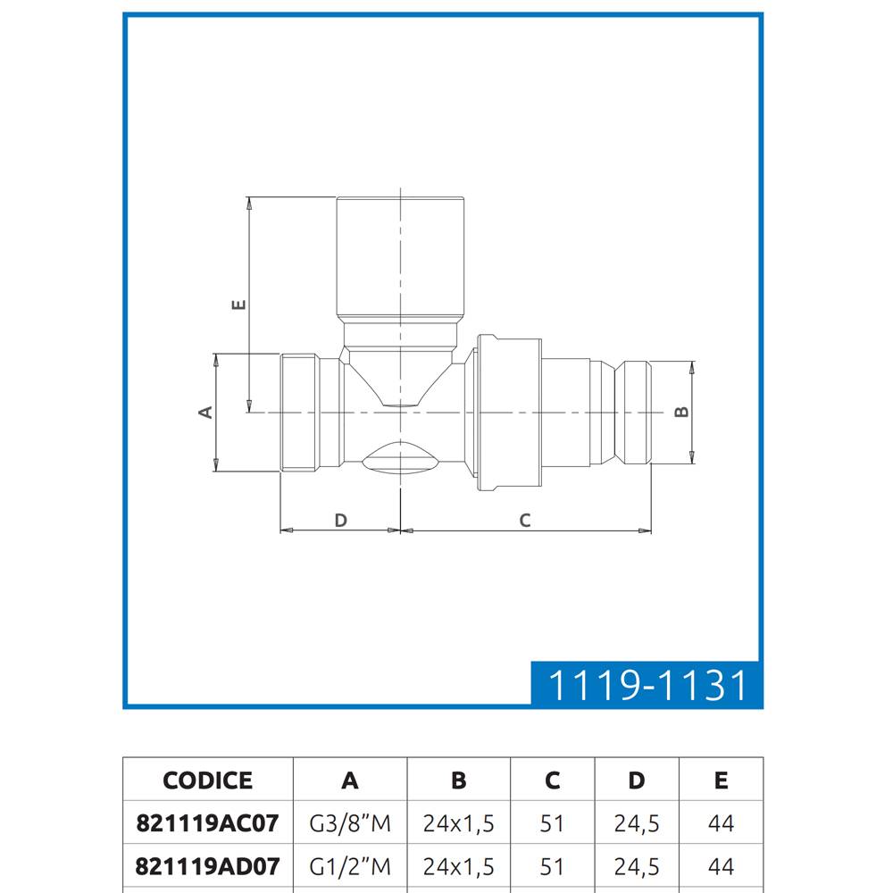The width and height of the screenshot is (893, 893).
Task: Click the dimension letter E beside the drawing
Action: point(239,305)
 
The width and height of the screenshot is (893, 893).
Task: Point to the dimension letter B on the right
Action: point(681,412)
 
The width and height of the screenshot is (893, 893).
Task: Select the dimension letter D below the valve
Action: point(340,520)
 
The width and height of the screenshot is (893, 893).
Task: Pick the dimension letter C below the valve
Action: point(525,520)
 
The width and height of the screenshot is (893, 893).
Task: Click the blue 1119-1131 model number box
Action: point(647,684)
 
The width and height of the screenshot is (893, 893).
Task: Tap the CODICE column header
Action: point(208,780)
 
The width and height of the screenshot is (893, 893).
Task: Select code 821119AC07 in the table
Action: point(208,823)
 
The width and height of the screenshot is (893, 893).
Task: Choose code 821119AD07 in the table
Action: point(208,867)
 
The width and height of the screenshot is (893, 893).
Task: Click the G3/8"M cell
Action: point(350,823)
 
